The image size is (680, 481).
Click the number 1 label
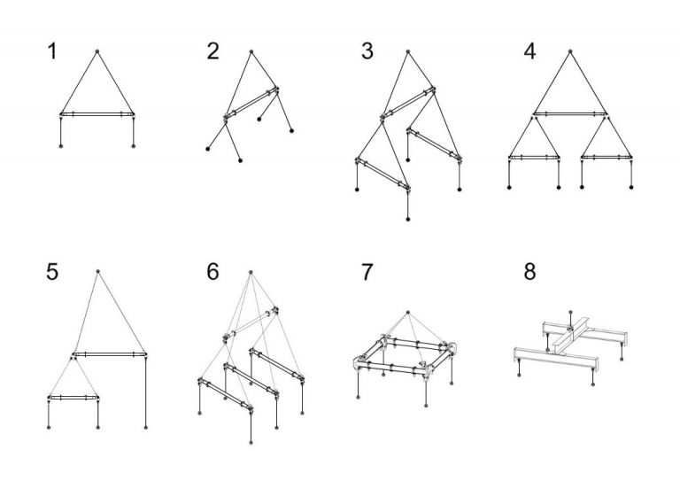52,51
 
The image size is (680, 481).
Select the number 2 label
212,51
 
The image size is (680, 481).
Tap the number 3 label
367,51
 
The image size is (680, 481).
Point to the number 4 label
530,51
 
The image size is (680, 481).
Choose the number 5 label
52,272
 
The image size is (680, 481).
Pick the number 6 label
212,272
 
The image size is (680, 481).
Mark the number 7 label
367,272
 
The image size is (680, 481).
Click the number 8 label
530,272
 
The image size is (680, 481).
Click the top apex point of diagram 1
97,51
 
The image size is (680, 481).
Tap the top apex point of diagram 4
570,51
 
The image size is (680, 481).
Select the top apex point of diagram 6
251,272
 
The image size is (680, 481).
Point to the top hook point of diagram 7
407,313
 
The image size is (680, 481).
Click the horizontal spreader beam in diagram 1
97,114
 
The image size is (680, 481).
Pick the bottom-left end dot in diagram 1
61,146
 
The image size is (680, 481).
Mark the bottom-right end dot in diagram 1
133,146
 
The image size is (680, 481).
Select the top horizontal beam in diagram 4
570,114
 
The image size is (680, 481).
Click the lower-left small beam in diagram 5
73,398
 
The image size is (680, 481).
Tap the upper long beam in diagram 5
110,354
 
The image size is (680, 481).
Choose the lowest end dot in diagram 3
407,219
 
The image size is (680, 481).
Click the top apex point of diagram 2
251,51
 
